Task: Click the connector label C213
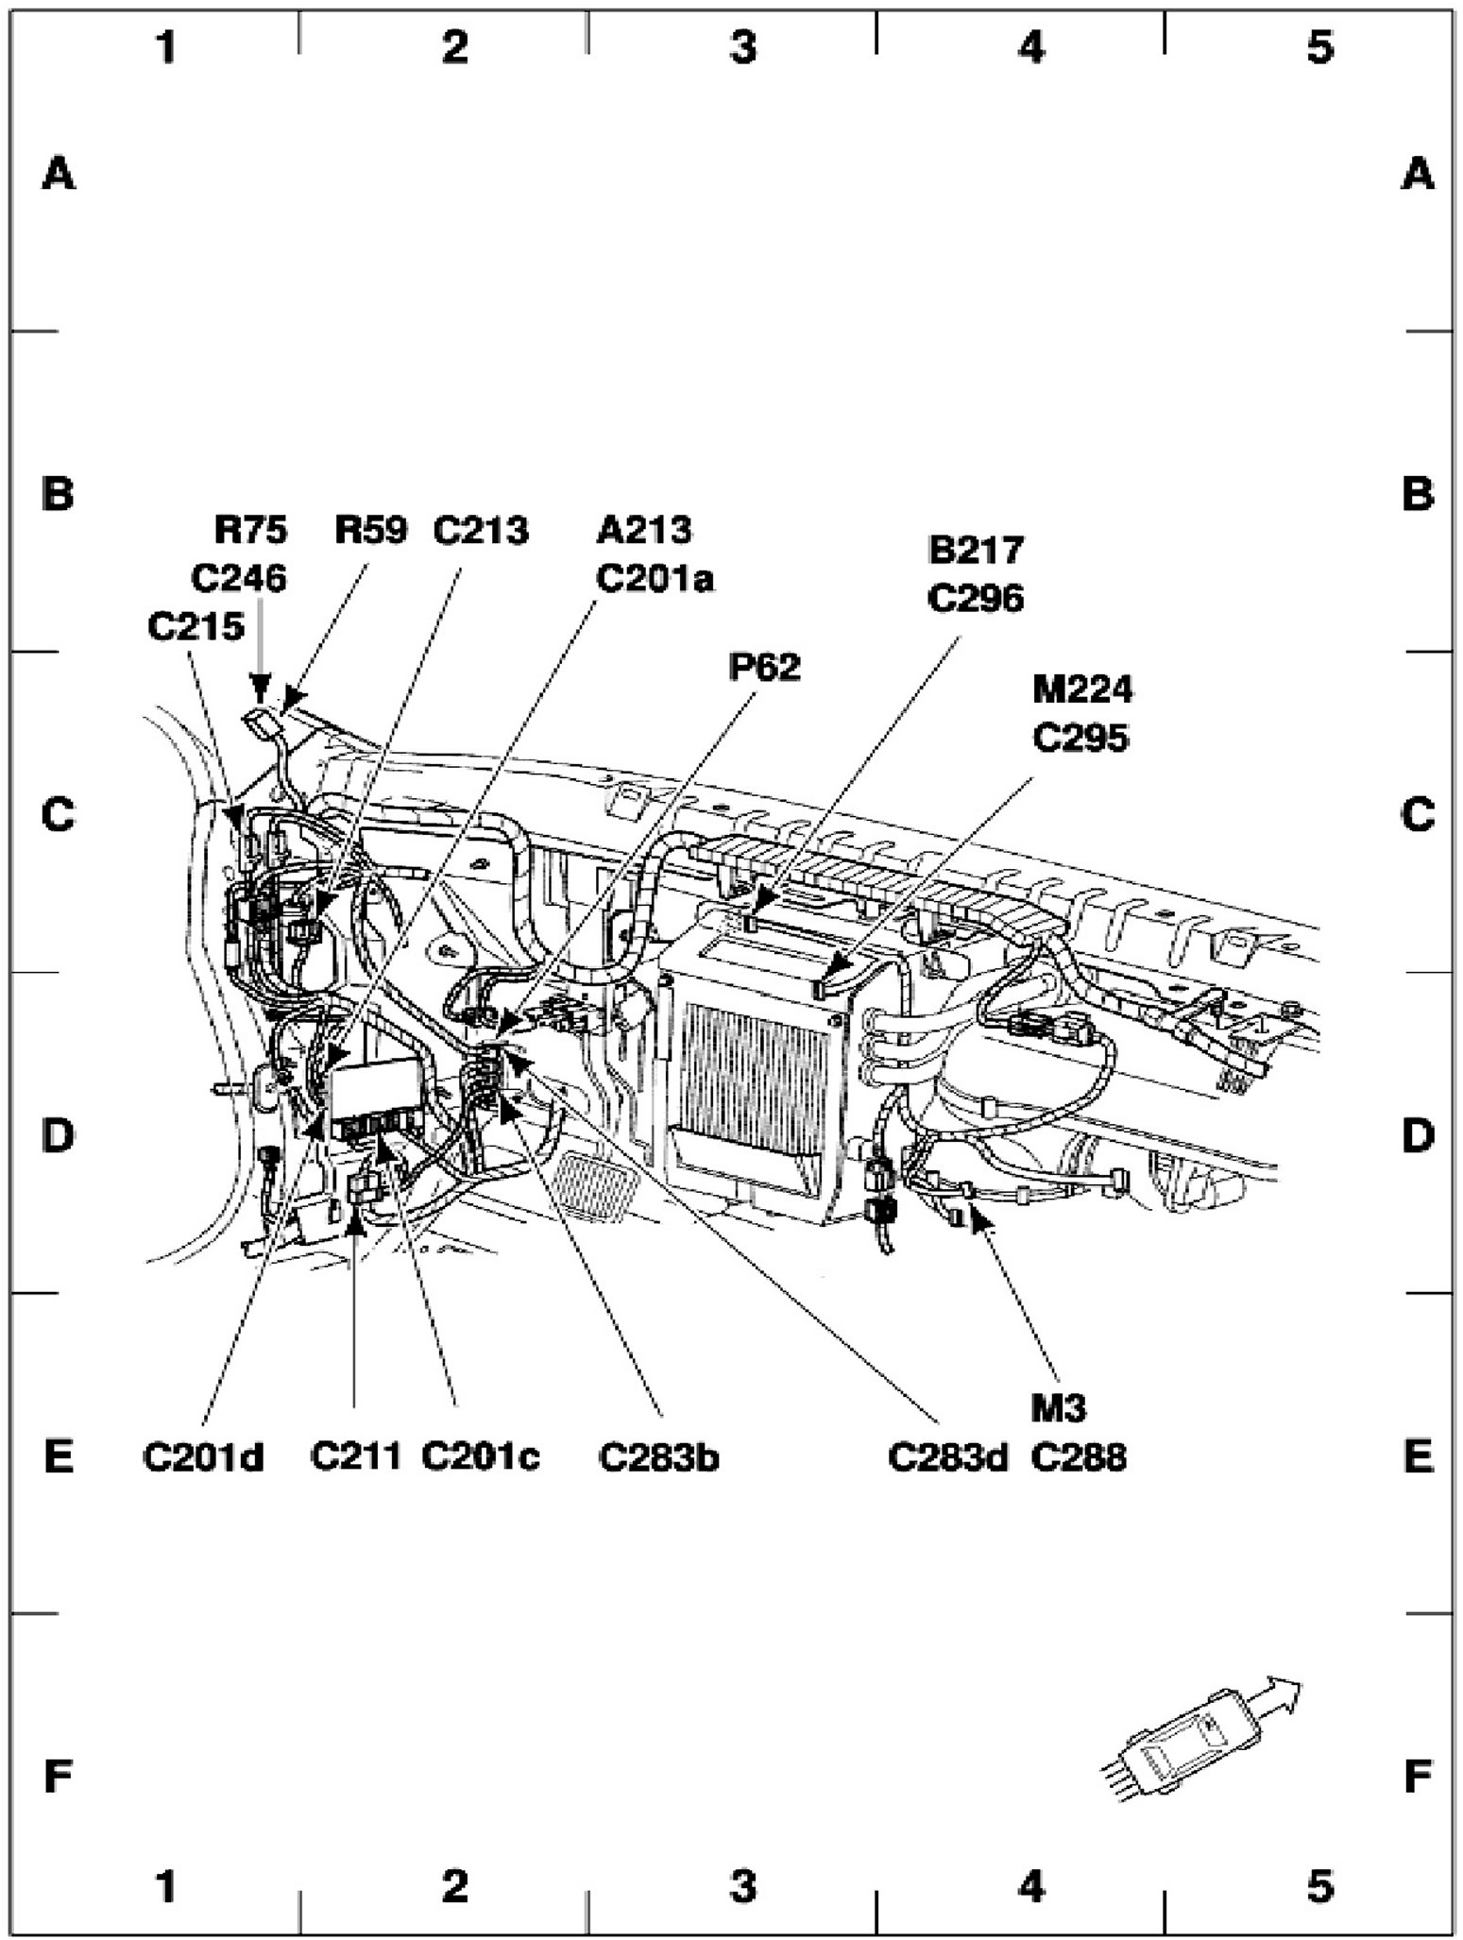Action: click(480, 531)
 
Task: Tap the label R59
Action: click(370, 531)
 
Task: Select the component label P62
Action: click(763, 668)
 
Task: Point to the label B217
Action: click(976, 550)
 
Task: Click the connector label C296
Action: click(976, 598)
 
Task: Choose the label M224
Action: click(1081, 690)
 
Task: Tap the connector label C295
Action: click(1080, 738)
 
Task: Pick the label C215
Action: click(196, 626)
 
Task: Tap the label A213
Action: click(643, 531)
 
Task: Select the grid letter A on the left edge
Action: click(59, 174)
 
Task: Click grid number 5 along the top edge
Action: click(1319, 46)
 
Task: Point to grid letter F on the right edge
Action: click(1418, 1778)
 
